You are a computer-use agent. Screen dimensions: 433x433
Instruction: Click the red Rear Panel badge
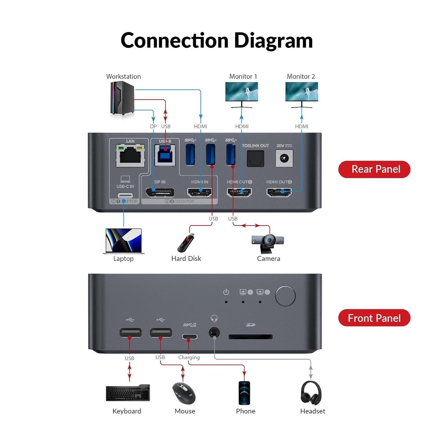click(374, 169)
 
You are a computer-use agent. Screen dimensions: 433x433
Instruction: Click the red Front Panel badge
click(374, 318)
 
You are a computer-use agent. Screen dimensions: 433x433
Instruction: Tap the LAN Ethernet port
click(130, 156)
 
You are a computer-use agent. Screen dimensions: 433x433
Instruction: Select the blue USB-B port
click(165, 155)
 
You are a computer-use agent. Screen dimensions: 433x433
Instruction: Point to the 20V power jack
click(284, 158)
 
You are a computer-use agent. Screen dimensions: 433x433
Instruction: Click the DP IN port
click(160, 192)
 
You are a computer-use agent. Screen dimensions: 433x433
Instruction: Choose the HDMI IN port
click(199, 192)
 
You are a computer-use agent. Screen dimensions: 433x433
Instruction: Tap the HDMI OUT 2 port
click(279, 192)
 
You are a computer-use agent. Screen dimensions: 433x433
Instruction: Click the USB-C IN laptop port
click(125, 195)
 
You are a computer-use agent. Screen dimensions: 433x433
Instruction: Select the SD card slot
click(250, 337)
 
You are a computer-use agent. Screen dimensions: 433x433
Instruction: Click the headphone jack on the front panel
click(214, 333)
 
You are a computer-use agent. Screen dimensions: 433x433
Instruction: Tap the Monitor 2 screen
click(302, 92)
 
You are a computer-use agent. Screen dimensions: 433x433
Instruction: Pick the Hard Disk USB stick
click(186, 243)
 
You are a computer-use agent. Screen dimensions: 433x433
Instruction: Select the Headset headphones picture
click(311, 393)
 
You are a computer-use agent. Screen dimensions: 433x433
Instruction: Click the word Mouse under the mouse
click(185, 411)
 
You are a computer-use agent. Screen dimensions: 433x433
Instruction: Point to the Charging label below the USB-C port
click(189, 357)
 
